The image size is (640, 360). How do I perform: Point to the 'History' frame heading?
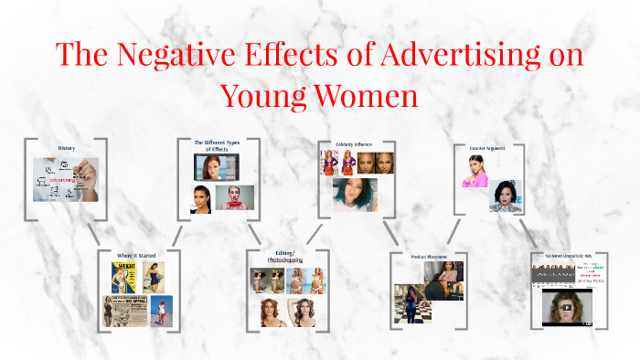point(66,147)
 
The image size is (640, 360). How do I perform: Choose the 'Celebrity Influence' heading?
point(354,144)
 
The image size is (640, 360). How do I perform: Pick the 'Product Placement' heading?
point(428,257)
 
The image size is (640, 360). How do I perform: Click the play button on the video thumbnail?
point(567,307)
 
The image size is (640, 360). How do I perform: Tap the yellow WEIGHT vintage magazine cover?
point(124,278)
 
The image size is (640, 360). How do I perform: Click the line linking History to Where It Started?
point(91,232)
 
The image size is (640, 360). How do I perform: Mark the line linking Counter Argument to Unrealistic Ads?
point(528,231)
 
